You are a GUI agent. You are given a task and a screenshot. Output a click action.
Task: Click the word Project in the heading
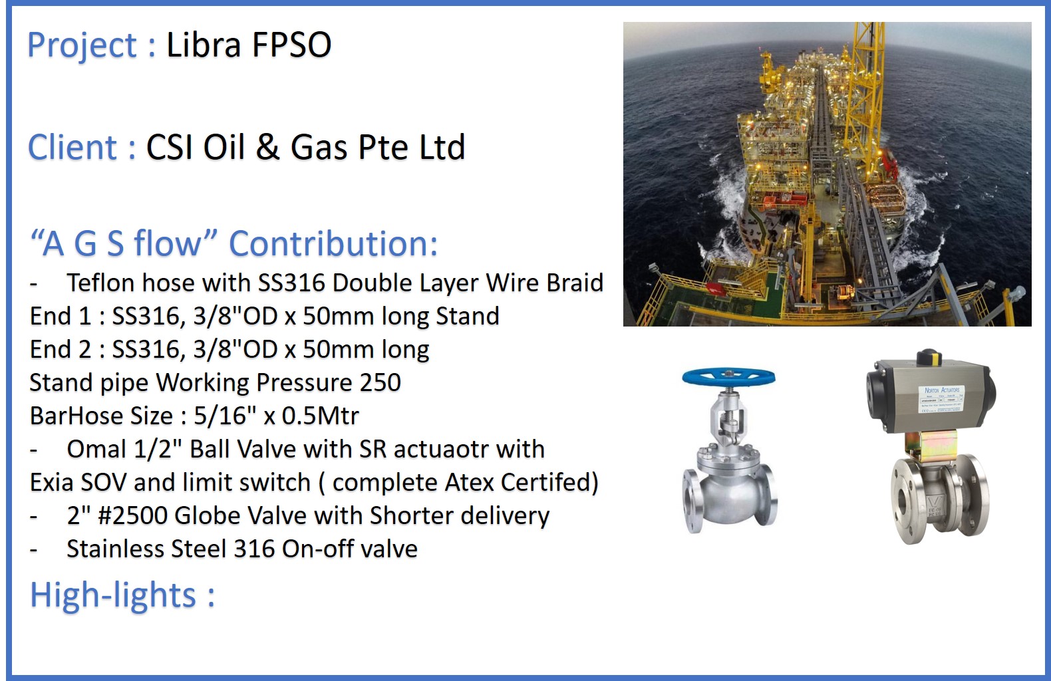(x=82, y=46)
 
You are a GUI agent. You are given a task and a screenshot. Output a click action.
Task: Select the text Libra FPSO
(x=249, y=45)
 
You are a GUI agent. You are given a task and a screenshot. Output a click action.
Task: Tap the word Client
(x=73, y=147)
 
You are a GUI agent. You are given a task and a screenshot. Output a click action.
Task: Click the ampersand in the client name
(x=267, y=147)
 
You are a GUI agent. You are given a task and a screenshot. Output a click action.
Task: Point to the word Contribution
(x=333, y=243)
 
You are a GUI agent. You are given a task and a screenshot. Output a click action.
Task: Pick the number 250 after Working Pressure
(x=380, y=382)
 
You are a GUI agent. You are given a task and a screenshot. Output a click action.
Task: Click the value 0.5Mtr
(x=321, y=416)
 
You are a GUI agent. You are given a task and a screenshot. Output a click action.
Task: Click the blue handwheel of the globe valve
(x=728, y=378)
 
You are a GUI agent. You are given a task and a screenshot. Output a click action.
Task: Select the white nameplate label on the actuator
(x=941, y=399)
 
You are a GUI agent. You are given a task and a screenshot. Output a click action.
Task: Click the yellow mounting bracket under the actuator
(x=931, y=446)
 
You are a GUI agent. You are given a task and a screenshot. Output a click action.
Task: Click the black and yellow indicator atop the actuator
(x=929, y=357)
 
